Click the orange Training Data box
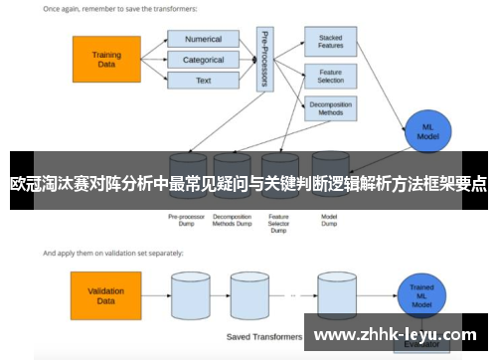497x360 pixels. (106, 60)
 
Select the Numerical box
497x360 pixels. (203, 40)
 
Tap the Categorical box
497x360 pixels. (203, 60)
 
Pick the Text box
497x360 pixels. (203, 80)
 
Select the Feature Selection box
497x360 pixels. (330, 76)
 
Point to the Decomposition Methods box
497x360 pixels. (330, 108)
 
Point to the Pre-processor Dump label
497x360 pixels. (186, 220)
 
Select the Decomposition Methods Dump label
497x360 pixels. (232, 220)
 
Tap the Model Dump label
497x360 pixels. (330, 220)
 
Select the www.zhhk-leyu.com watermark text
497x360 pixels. (401, 335)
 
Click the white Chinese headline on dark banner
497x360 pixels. (248, 184)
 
